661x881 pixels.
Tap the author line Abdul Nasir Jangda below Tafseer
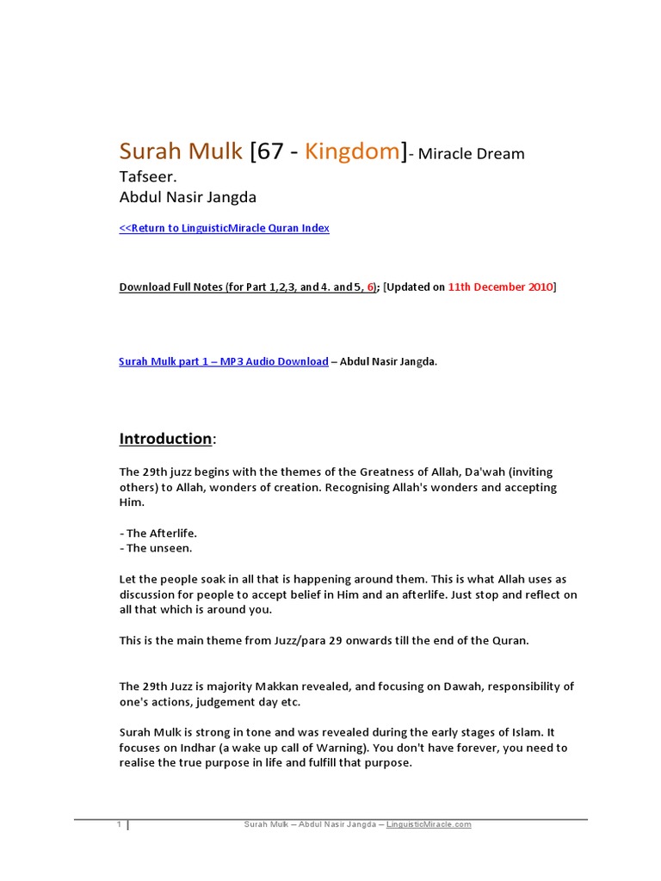point(188,197)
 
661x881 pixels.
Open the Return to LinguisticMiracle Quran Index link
point(224,228)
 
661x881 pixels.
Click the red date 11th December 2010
point(500,286)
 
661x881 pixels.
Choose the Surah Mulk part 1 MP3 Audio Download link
point(224,361)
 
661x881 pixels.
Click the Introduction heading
point(165,439)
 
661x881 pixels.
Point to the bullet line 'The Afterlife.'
point(161,533)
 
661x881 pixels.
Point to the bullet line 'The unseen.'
point(158,548)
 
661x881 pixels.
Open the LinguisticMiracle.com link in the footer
point(429,824)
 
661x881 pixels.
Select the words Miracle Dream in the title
point(471,155)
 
